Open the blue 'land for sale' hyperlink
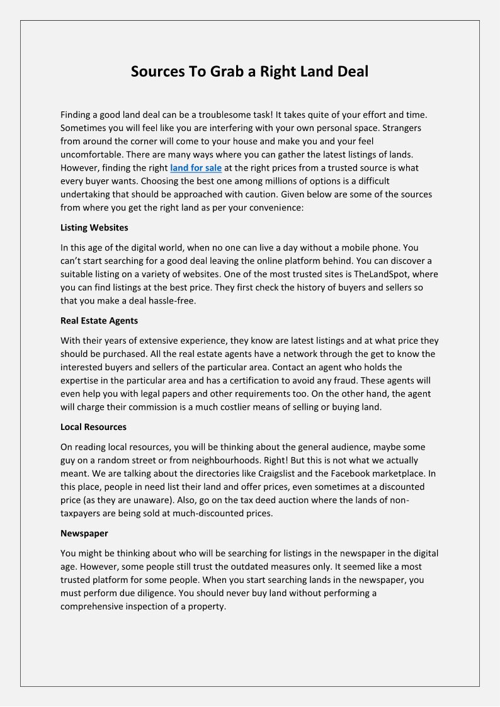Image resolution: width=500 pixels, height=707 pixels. [x=196, y=168]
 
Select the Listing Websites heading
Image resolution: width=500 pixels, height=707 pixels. [x=94, y=227]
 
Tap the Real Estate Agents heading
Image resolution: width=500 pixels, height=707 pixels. [x=99, y=320]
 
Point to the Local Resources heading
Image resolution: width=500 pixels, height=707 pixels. [x=93, y=427]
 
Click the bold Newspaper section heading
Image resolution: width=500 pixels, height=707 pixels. [x=84, y=533]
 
